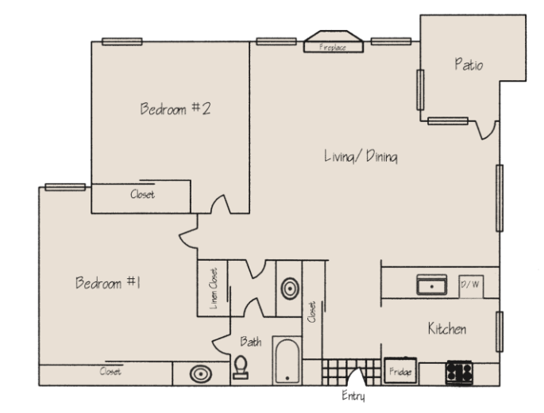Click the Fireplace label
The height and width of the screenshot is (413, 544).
coord(333,47)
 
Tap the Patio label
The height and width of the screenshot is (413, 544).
coord(469,65)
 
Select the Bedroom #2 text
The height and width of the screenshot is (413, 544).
coord(176,109)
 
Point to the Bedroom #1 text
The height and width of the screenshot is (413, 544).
coord(108,282)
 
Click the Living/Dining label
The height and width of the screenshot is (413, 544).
coord(361,156)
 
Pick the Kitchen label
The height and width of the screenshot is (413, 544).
coord(447,328)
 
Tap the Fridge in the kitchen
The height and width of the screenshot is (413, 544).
coord(400,371)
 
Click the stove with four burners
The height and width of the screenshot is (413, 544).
coord(459,373)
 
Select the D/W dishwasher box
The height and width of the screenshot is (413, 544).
coord(471,287)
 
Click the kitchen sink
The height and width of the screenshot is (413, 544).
coord(431,285)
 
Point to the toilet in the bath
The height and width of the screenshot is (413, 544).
coord(241,367)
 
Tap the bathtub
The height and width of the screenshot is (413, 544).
coord(287,361)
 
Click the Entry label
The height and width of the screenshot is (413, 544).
coord(353,396)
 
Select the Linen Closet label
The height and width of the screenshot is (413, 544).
coord(214,289)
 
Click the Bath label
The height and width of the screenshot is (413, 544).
coord(250,342)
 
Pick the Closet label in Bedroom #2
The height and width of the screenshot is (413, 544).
coord(142,194)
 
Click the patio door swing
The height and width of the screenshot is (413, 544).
coord(487,130)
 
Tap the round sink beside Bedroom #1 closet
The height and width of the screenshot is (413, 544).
coord(201,374)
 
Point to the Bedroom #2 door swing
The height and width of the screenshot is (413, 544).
coord(221,205)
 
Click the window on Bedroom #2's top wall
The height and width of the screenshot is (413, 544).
coord(122,41)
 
